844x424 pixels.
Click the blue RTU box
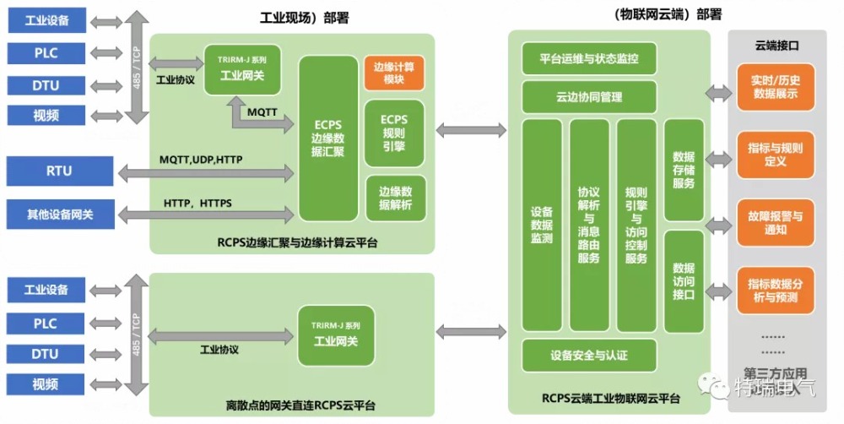[59, 171]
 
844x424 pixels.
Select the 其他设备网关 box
[59, 215]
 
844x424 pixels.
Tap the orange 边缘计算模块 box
[393, 73]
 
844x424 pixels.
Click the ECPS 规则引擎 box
[393, 133]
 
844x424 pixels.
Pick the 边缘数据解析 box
[395, 198]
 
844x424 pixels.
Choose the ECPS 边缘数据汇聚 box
[328, 139]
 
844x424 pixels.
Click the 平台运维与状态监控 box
[589, 59]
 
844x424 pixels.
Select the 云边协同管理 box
[589, 97]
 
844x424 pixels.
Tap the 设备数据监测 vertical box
[542, 225]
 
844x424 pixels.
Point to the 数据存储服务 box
[684, 171]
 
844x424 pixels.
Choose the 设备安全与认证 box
[589, 355]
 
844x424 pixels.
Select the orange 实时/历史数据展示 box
[775, 87]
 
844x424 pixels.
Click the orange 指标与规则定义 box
[775, 155]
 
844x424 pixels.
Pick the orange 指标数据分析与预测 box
[775, 290]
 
